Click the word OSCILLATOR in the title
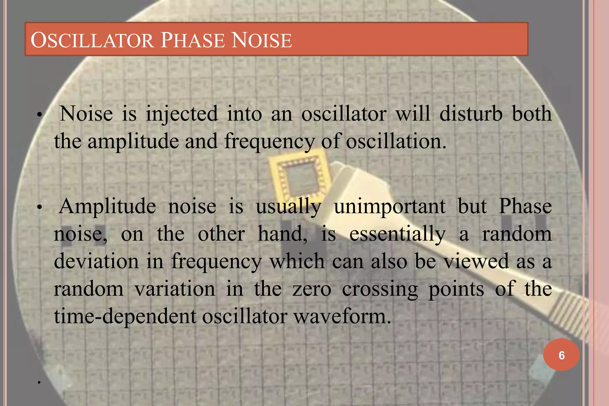92,40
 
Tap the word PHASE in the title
193,40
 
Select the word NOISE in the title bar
262,40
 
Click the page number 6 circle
561,355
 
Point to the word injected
182,114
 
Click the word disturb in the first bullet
471,114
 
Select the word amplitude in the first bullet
133,142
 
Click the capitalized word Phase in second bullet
525,206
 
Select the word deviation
96,261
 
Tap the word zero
312,289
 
